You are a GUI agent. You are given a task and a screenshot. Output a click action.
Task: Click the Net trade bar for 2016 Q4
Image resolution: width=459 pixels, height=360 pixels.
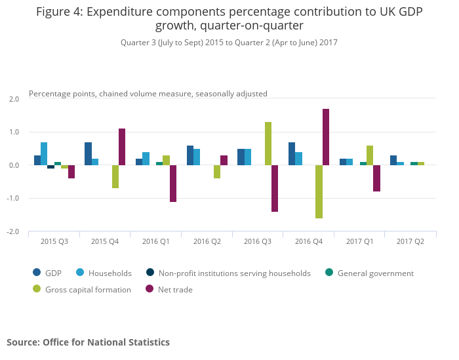point(326,137)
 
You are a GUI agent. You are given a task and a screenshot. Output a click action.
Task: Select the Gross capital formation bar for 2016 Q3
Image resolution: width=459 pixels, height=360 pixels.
point(268,144)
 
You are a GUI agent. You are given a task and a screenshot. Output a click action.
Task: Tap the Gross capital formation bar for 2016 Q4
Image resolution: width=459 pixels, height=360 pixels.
point(319,191)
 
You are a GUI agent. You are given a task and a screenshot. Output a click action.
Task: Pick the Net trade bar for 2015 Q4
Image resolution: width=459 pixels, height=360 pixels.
point(122,147)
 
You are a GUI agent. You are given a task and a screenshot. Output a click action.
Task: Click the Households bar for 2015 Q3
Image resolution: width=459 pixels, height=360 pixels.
point(44,153)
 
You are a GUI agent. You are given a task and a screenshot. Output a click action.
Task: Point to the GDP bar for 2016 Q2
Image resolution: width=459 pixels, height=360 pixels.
point(190,155)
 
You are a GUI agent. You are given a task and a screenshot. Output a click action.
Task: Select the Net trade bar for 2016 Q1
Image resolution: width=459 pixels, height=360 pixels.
point(173,184)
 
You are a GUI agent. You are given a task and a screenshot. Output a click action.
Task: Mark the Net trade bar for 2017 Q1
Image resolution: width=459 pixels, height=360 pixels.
point(377,178)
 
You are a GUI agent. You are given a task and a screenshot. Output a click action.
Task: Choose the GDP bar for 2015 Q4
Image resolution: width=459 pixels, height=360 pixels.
point(88,153)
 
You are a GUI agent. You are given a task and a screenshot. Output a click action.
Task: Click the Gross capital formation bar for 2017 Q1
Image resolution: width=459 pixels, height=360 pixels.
point(370,155)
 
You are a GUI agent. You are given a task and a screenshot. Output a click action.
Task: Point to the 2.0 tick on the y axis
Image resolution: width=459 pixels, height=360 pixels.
point(14,99)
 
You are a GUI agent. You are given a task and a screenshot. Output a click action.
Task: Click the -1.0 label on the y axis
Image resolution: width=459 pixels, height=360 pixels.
point(13,199)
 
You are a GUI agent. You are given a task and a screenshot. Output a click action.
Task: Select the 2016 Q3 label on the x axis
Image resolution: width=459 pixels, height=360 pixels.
point(258,242)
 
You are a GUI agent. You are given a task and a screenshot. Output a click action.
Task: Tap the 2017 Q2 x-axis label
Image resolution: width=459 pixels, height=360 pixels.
point(410,242)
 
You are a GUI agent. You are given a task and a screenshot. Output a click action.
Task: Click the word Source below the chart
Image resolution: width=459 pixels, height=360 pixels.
point(22,342)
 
